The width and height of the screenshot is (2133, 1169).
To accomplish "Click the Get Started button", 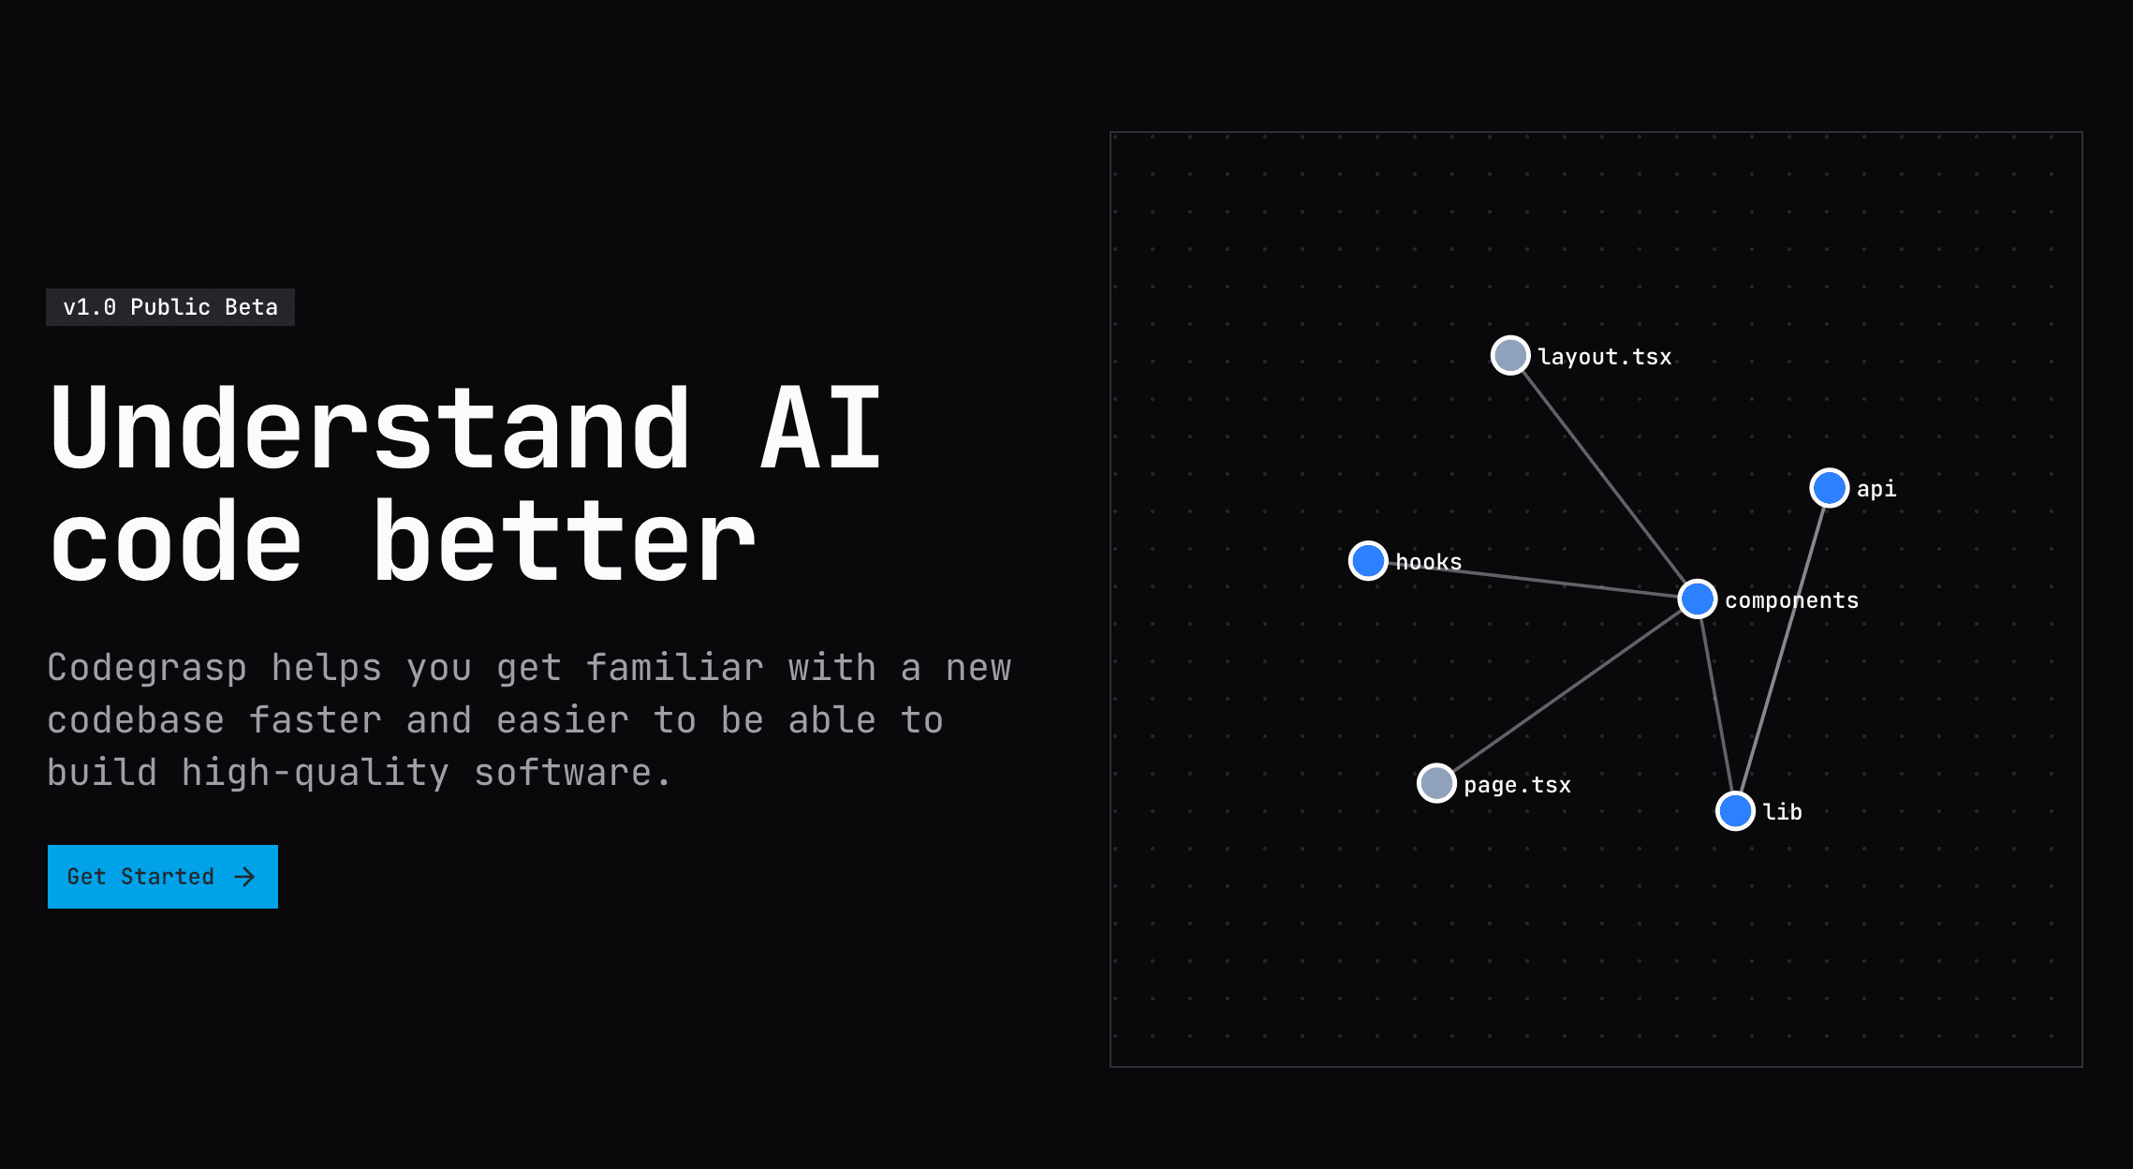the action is pos(163,877).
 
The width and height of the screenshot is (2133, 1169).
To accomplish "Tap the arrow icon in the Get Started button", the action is pos(244,877).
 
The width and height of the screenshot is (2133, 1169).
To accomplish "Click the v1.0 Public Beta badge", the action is pos(170,307).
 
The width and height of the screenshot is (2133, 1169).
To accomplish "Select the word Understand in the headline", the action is pos(371,429).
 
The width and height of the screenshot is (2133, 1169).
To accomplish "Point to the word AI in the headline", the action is pos(821,429).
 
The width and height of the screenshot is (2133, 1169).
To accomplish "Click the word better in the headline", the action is pos(564,541).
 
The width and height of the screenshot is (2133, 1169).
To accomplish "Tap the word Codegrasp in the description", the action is pos(147,669).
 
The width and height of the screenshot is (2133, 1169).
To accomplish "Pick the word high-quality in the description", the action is pos(316,774).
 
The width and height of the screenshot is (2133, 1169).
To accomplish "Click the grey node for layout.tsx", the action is pos(1510,355).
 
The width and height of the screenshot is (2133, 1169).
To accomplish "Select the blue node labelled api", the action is pos(1830,488).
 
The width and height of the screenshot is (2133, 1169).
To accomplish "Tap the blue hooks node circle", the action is pos(1368,560).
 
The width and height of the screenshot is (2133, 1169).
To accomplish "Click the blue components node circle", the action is pos(1698,599).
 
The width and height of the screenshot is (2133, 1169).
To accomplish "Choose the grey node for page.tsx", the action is pos(1436,783).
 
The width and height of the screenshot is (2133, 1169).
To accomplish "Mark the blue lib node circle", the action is pos(1735,811).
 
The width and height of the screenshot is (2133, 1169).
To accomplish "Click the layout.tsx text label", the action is pos(1605,357).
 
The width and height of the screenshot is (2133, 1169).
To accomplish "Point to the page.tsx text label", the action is pos(1518,785).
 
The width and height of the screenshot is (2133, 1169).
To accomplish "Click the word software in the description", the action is pos(562,774).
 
